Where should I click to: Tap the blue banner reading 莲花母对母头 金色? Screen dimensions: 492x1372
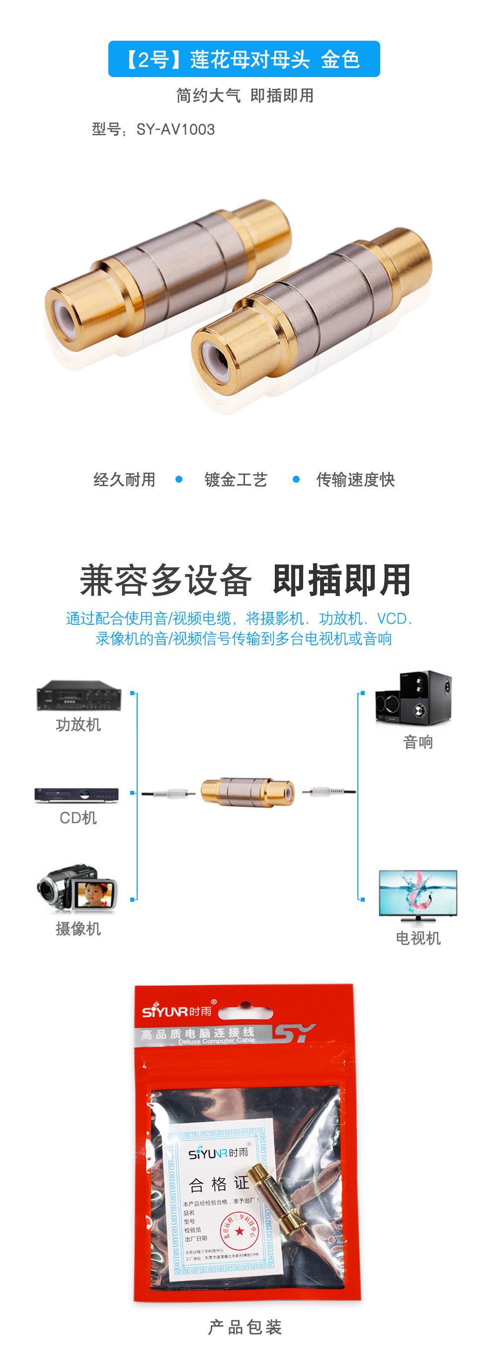(x=244, y=59)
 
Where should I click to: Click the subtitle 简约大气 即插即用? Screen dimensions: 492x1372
(x=245, y=95)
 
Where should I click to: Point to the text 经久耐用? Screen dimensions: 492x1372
(x=125, y=479)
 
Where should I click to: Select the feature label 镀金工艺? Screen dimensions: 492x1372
(x=236, y=479)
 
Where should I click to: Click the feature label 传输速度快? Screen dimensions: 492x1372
(x=355, y=479)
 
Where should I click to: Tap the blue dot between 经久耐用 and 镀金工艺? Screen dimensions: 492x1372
(x=179, y=479)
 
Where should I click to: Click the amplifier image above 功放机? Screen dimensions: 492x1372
(x=79, y=695)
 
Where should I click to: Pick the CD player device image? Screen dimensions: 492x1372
(x=77, y=795)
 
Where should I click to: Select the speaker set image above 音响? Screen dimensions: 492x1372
(x=413, y=698)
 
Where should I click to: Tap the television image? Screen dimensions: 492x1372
(x=417, y=895)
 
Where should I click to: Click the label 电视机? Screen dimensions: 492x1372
(x=418, y=938)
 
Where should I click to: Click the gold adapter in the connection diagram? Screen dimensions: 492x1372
(x=247, y=791)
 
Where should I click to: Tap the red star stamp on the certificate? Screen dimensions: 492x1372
(x=240, y=1231)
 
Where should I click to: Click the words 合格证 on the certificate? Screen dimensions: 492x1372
(x=219, y=1184)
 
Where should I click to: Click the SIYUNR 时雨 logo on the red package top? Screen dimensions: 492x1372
(x=176, y=1010)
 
